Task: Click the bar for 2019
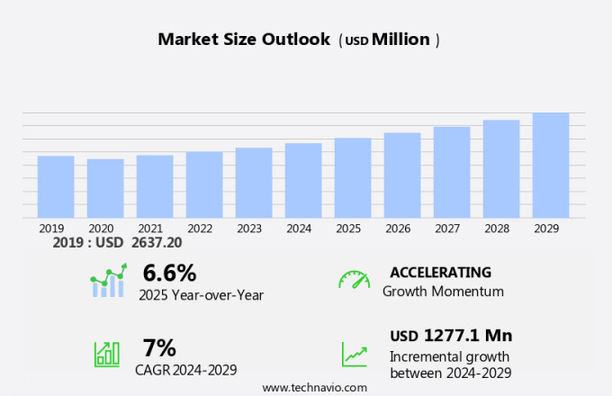[56, 186]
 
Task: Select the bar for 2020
[105, 188]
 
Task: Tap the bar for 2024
[303, 180]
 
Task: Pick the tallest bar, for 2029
[551, 165]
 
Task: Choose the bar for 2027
[452, 172]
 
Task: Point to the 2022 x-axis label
[200, 229]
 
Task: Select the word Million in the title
[400, 40]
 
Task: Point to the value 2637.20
[155, 243]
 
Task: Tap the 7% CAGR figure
[159, 347]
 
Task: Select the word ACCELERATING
[441, 273]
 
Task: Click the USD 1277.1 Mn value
[451, 336]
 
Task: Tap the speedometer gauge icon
[354, 280]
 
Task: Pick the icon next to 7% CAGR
[107, 354]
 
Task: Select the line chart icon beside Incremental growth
[355, 354]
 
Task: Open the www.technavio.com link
[315, 387]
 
